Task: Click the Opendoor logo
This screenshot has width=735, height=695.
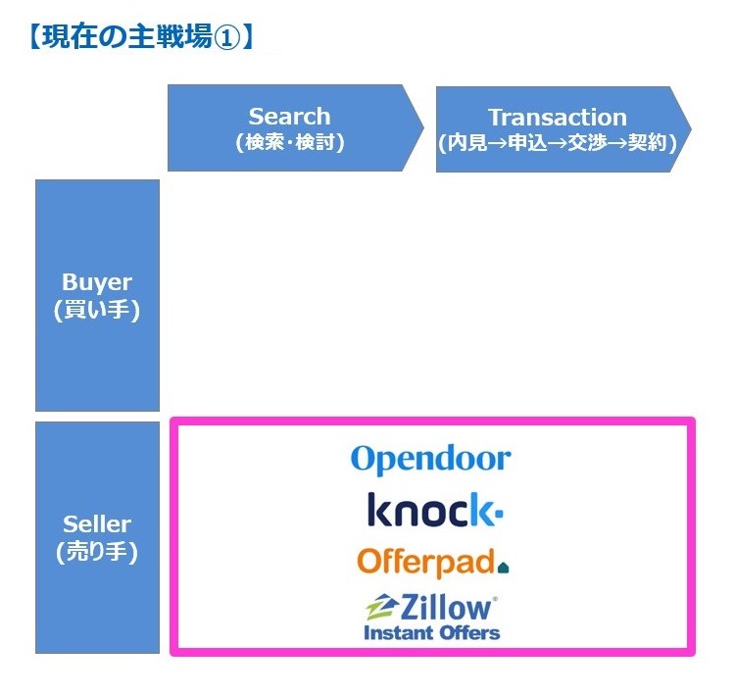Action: pyautogui.click(x=431, y=460)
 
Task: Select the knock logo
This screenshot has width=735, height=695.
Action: pyautogui.click(x=435, y=510)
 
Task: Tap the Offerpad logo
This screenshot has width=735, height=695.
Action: pyautogui.click(x=433, y=563)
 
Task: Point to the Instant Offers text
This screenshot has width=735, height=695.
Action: pyautogui.click(x=432, y=632)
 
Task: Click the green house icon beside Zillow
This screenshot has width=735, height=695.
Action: pyautogui.click(x=382, y=607)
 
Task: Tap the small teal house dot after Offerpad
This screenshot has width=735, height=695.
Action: pyautogui.click(x=504, y=569)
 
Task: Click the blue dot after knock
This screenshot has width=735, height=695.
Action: pyautogui.click(x=499, y=513)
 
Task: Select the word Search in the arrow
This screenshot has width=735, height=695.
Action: pyautogui.click(x=289, y=117)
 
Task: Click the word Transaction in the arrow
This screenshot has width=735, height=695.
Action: pyautogui.click(x=558, y=118)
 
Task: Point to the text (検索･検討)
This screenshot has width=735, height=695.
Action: pyautogui.click(x=290, y=142)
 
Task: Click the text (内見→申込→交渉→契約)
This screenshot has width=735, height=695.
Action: pyautogui.click(x=558, y=142)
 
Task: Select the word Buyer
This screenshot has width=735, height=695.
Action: pyautogui.click(x=97, y=282)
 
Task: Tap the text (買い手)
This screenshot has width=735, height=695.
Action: pyautogui.click(x=97, y=310)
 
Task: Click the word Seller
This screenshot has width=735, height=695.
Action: pyautogui.click(x=97, y=524)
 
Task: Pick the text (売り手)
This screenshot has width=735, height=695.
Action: pyautogui.click(x=97, y=552)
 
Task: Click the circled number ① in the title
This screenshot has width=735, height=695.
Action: pyautogui.click(x=226, y=38)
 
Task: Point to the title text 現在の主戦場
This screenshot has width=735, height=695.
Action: pyautogui.click(x=127, y=37)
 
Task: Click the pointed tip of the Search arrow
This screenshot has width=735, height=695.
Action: pyautogui.click(x=423, y=127)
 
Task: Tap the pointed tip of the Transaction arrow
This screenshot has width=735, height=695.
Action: pyautogui.click(x=692, y=129)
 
